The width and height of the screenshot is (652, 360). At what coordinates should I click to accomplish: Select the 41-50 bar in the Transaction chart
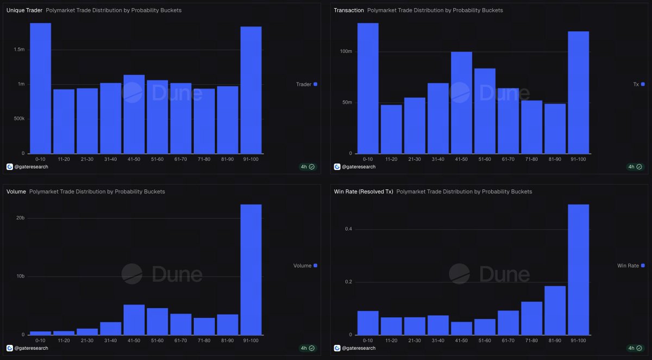coord(461,103)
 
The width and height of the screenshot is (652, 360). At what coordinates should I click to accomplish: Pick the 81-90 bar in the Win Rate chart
coord(555,310)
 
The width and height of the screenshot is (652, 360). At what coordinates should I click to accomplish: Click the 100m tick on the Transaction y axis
coord(346,51)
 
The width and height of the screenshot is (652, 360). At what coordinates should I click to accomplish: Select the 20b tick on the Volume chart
coord(20,218)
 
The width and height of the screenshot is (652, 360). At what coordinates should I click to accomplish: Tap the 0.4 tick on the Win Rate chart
coord(348,229)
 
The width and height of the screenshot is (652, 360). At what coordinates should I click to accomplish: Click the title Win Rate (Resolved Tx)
coord(363,192)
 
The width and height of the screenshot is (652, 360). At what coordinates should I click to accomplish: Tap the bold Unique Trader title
coord(24,10)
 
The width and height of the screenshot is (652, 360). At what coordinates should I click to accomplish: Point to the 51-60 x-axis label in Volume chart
coord(158,340)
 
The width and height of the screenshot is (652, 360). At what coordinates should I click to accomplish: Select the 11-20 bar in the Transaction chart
coord(391,129)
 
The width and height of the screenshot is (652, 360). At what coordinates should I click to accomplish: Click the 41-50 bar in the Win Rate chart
coord(461,328)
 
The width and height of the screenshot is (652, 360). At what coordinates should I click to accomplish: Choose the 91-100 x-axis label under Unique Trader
coord(251,159)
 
